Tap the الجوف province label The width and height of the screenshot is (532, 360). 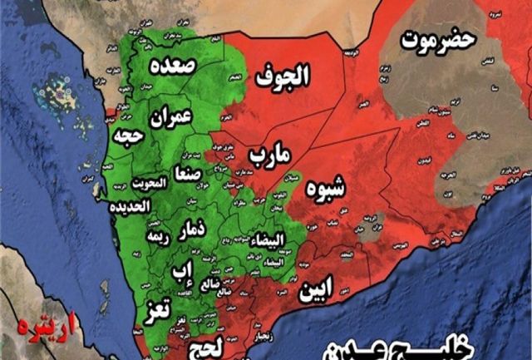click(282, 77)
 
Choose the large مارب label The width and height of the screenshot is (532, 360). click(269, 154)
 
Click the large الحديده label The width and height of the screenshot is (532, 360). click(133, 205)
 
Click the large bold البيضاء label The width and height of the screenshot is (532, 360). click(273, 239)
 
